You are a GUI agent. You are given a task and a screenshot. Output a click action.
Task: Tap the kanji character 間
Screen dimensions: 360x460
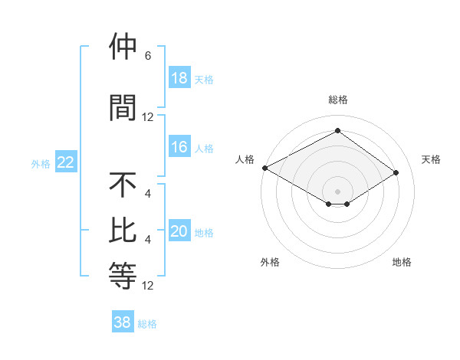click(x=123, y=107)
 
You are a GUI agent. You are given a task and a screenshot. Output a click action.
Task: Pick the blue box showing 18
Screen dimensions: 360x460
click(x=179, y=78)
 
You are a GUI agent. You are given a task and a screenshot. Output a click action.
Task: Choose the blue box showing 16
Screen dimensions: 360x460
click(x=179, y=148)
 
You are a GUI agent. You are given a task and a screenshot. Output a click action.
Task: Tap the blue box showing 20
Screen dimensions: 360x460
click(x=179, y=232)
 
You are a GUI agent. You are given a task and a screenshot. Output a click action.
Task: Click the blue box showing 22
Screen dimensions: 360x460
click(x=66, y=162)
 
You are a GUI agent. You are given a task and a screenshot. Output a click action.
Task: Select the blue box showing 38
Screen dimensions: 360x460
click(x=123, y=322)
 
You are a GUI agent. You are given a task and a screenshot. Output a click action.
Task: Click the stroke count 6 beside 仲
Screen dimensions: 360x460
click(x=148, y=56)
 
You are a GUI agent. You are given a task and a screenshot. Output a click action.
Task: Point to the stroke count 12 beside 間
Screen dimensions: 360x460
click(x=148, y=117)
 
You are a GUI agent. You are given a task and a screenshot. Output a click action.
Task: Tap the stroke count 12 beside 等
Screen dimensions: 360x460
click(x=148, y=286)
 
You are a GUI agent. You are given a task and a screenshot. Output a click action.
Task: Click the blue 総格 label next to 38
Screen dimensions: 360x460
click(x=147, y=324)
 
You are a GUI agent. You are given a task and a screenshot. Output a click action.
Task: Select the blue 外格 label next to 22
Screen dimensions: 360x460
click(x=41, y=163)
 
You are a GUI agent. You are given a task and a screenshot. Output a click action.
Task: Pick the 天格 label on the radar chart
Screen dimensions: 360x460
click(x=431, y=159)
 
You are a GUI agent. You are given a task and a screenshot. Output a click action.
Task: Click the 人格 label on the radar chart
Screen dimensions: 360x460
click(x=245, y=159)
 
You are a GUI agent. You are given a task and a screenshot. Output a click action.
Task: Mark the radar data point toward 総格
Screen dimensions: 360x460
click(x=337, y=130)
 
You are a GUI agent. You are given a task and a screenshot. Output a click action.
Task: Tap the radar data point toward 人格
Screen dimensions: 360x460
click(x=264, y=167)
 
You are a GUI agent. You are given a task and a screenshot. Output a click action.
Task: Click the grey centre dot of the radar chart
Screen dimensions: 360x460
click(x=337, y=191)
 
